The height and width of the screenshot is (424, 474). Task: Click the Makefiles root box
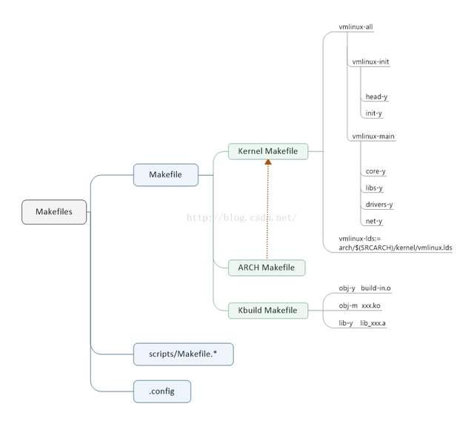click(x=54, y=211)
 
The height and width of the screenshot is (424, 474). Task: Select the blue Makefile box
click(x=165, y=175)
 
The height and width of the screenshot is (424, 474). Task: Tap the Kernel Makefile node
click(x=267, y=151)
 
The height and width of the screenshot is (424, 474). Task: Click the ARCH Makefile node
click(x=267, y=267)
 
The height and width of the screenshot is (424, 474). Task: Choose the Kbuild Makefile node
click(x=267, y=309)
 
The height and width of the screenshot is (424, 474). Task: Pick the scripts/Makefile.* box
click(x=184, y=354)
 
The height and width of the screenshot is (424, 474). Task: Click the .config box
click(x=161, y=391)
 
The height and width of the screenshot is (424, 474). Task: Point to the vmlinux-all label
click(x=355, y=27)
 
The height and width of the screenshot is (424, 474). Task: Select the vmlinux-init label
click(x=370, y=62)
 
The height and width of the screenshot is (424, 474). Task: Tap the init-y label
click(x=374, y=113)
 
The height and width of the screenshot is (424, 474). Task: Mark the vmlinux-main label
click(x=373, y=136)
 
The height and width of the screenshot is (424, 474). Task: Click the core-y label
click(x=375, y=171)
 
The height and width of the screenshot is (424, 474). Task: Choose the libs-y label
click(x=375, y=188)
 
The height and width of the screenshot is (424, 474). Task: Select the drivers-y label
click(x=379, y=205)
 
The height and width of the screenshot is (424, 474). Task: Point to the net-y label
click(x=374, y=221)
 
